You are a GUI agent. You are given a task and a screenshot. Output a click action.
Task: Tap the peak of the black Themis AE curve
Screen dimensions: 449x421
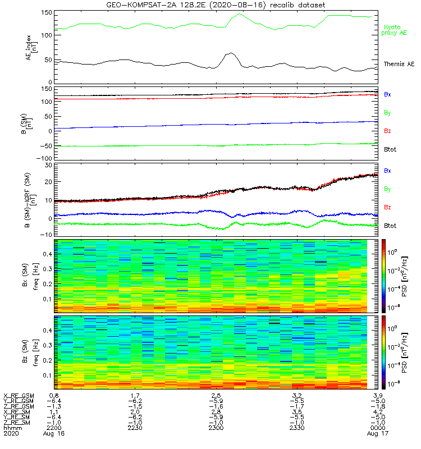[230, 53]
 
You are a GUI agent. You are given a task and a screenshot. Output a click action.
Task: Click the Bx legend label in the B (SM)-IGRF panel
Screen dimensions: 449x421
[387, 170]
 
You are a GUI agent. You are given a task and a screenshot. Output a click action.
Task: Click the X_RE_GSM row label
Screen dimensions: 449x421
[18, 396]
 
